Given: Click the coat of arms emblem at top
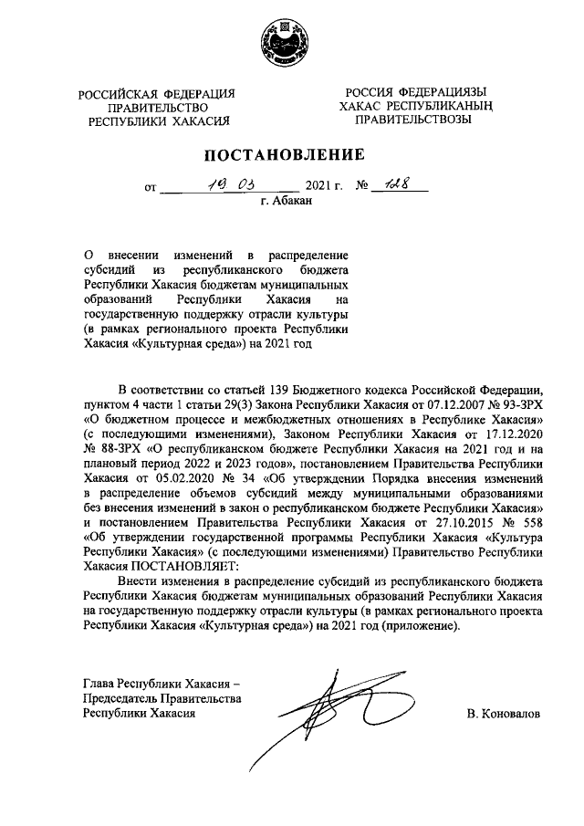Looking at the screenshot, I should (292, 37).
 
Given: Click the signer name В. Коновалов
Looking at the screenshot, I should (503, 715).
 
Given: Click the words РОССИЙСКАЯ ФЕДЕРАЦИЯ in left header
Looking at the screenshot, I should (156, 93).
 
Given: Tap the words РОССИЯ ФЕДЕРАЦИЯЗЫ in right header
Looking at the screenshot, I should (415, 92).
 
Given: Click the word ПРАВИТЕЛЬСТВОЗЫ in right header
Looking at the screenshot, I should (414, 120).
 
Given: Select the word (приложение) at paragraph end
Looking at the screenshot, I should (424, 627).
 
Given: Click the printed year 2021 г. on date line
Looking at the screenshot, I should (324, 188).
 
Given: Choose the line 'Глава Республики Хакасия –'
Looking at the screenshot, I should (161, 684).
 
